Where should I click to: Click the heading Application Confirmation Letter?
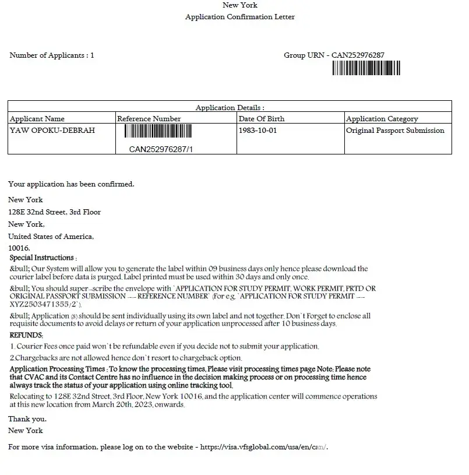[239, 17]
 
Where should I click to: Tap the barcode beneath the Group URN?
[366, 69]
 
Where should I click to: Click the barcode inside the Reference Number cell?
[161, 131]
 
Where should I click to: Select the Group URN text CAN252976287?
[358, 55]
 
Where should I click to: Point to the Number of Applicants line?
[51, 55]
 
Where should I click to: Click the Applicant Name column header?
[37, 119]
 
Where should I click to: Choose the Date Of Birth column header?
[262, 119]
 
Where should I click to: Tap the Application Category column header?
[382, 119]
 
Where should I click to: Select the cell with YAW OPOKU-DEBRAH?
[52, 131]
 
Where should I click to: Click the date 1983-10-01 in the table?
[258, 131]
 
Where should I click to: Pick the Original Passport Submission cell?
[395, 131]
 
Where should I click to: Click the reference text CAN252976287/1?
[161, 149]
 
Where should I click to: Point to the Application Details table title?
[230, 108]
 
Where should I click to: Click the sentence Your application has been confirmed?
[71, 184]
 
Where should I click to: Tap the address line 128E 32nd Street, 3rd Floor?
[54, 212]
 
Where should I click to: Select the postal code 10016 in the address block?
[19, 248]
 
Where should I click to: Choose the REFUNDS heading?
[26, 335]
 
